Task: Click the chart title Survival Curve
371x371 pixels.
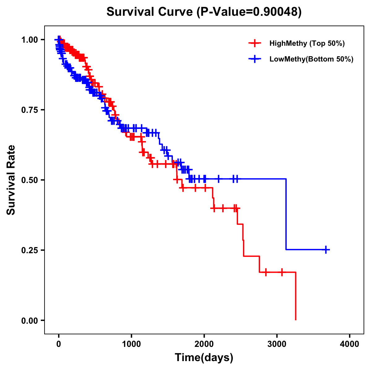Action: coord(150,12)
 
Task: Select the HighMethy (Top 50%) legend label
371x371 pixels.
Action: coord(307,43)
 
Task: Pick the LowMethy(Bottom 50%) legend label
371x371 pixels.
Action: coord(311,59)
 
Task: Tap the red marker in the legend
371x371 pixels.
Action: coord(254,43)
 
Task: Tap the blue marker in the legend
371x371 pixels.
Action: coord(254,59)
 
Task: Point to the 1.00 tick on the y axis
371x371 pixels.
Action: coord(29,40)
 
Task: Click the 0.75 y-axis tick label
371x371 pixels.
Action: coord(29,110)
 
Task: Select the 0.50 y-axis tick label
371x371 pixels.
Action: coord(29,180)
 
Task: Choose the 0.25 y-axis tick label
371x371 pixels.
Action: coord(29,250)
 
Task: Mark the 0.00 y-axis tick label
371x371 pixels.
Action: coord(29,320)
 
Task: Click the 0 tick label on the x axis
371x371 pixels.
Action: coord(59,344)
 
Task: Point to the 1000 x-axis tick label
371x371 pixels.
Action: coord(131,344)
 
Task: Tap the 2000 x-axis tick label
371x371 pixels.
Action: coord(204,344)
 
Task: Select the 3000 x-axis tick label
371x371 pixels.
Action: coord(277,344)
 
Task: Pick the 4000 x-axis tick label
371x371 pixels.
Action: coord(350,344)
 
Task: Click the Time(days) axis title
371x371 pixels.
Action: coord(204,358)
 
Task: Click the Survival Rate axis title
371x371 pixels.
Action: coord(11,180)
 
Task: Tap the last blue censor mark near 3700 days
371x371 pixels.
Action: coord(326,249)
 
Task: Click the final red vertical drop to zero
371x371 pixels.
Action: coord(296,297)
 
